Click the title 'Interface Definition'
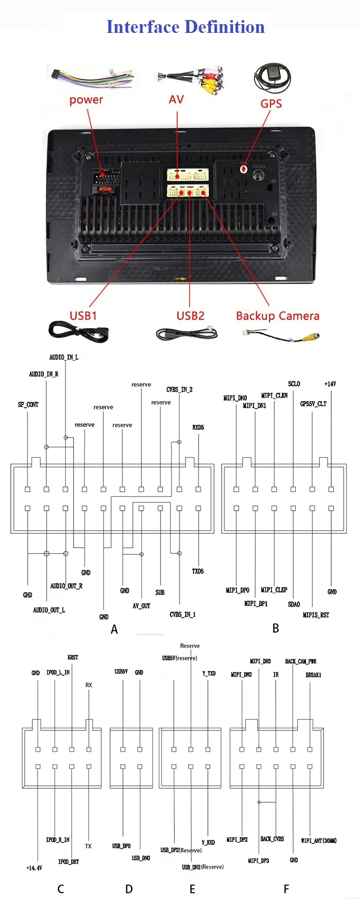point(185,27)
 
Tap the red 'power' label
point(86,100)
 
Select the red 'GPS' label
point(271,103)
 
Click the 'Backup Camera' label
point(277,316)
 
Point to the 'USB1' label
point(83,315)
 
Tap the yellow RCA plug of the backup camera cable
point(311,337)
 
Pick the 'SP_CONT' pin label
point(28,405)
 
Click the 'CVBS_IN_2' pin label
point(179,389)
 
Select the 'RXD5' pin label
point(198,427)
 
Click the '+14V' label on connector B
point(330,384)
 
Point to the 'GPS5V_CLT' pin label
point(313,404)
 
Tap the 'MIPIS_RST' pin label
point(316,615)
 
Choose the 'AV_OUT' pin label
point(141,606)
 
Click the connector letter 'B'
point(276,628)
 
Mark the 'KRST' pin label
point(73,657)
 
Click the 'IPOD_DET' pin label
point(68,861)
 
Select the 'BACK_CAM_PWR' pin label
point(300,661)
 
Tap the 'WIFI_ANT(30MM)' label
point(318,840)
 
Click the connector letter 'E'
point(192,889)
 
